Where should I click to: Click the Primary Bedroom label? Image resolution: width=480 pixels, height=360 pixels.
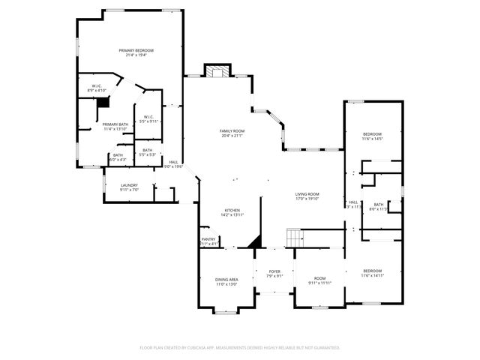[131, 50]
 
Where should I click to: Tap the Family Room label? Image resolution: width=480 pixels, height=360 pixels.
[232, 130]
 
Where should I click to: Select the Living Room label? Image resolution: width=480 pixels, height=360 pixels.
[306, 194]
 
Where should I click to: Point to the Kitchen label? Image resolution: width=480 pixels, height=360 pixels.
[232, 210]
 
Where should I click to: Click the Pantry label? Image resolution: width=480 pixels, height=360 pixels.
[208, 239]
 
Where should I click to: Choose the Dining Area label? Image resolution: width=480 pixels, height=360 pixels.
[226, 279]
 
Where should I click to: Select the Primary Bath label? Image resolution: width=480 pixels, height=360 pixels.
[115, 124]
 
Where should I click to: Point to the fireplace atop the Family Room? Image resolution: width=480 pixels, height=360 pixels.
[217, 72]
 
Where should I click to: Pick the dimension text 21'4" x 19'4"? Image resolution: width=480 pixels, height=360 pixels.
[131, 55]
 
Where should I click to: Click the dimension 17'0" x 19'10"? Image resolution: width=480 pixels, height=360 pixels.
[306, 199]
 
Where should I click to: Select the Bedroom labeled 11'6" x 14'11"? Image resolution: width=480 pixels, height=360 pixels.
[373, 273]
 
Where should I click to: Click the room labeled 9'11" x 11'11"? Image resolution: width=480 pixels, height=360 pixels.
[320, 280]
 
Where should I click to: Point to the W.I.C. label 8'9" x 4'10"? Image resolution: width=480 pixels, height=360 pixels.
[97, 88]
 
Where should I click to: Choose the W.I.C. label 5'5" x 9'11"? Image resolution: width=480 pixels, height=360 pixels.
[148, 118]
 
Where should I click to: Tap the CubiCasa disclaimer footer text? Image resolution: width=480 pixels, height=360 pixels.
[240, 347]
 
